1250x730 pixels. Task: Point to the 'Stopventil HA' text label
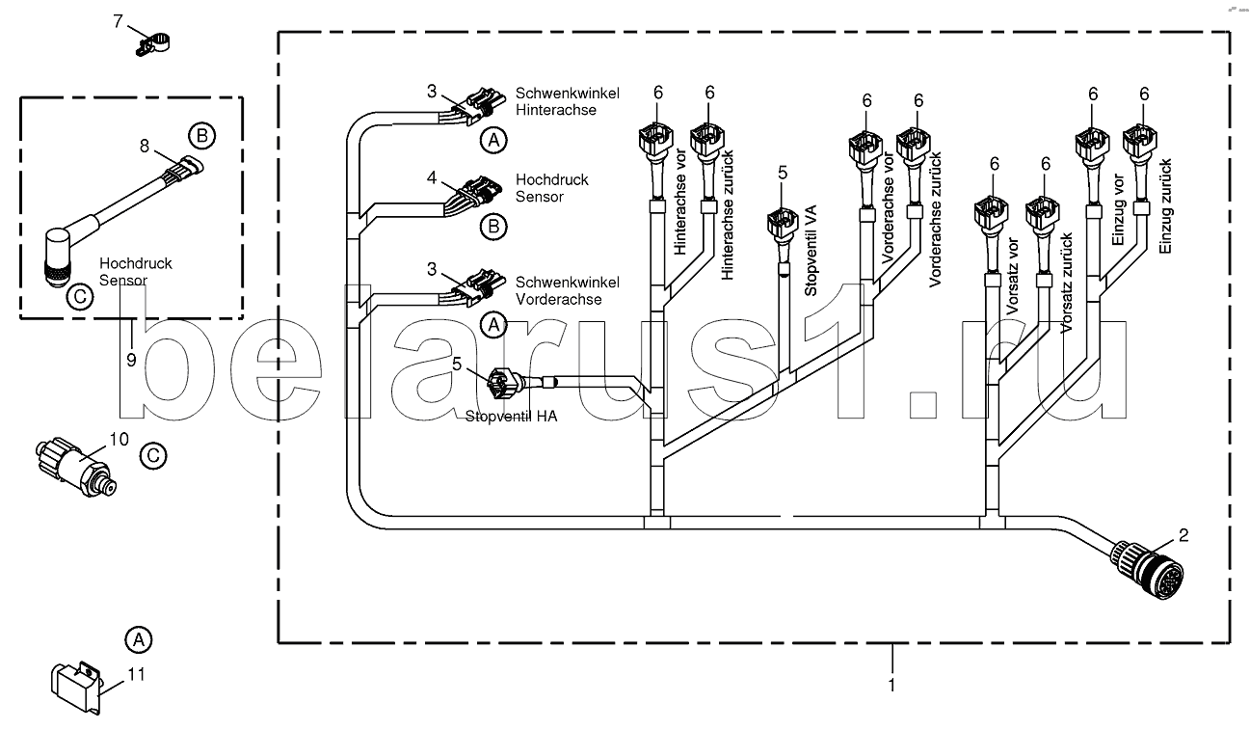coord(511,417)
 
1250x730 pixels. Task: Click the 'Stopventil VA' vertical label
coord(811,251)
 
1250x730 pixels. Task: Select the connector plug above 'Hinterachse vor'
coord(656,140)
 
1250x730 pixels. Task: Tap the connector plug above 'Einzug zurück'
coord(1139,142)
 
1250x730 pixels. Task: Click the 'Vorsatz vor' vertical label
coord(1012,276)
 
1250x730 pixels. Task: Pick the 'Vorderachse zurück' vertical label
coord(935,220)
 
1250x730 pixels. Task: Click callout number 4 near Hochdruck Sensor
coord(432,177)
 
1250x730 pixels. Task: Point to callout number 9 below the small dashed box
coord(131,360)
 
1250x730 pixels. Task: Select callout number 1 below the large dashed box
coord(891,685)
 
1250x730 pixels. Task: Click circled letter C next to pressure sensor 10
coord(153,456)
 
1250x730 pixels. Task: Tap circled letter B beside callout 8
coord(202,136)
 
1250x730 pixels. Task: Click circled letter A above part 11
coord(139,639)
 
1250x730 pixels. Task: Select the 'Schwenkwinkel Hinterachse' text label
coord(567,101)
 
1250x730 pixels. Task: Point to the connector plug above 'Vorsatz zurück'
coord(1043,214)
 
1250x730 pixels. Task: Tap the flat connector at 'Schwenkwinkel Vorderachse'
coord(479,287)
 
